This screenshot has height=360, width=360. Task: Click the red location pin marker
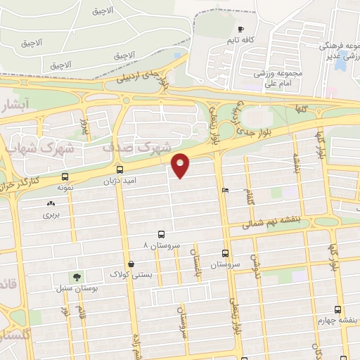click(181, 165)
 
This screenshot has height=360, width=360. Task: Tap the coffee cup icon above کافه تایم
click(241, 30)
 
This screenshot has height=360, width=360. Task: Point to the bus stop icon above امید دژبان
click(120, 169)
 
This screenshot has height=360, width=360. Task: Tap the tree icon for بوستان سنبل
click(75, 277)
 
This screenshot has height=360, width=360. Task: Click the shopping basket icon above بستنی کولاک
click(131, 264)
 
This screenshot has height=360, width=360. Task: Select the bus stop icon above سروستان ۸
click(161, 235)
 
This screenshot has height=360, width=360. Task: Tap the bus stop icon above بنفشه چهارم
click(337, 309)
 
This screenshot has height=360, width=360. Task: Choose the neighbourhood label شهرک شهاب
click(39, 149)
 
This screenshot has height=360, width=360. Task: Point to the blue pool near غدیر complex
click(340, 65)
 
